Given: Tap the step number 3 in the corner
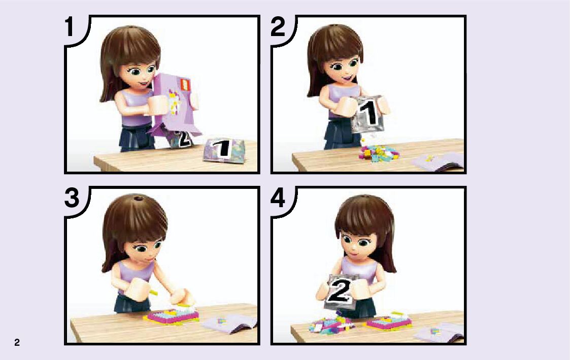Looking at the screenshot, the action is (72, 198).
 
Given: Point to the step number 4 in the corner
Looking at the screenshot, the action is (278, 199).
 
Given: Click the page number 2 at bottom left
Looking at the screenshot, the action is (17, 342).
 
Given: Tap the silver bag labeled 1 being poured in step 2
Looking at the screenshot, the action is (368, 114).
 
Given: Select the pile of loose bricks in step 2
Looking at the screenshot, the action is (379, 152).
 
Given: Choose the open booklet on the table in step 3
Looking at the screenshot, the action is (229, 323).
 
